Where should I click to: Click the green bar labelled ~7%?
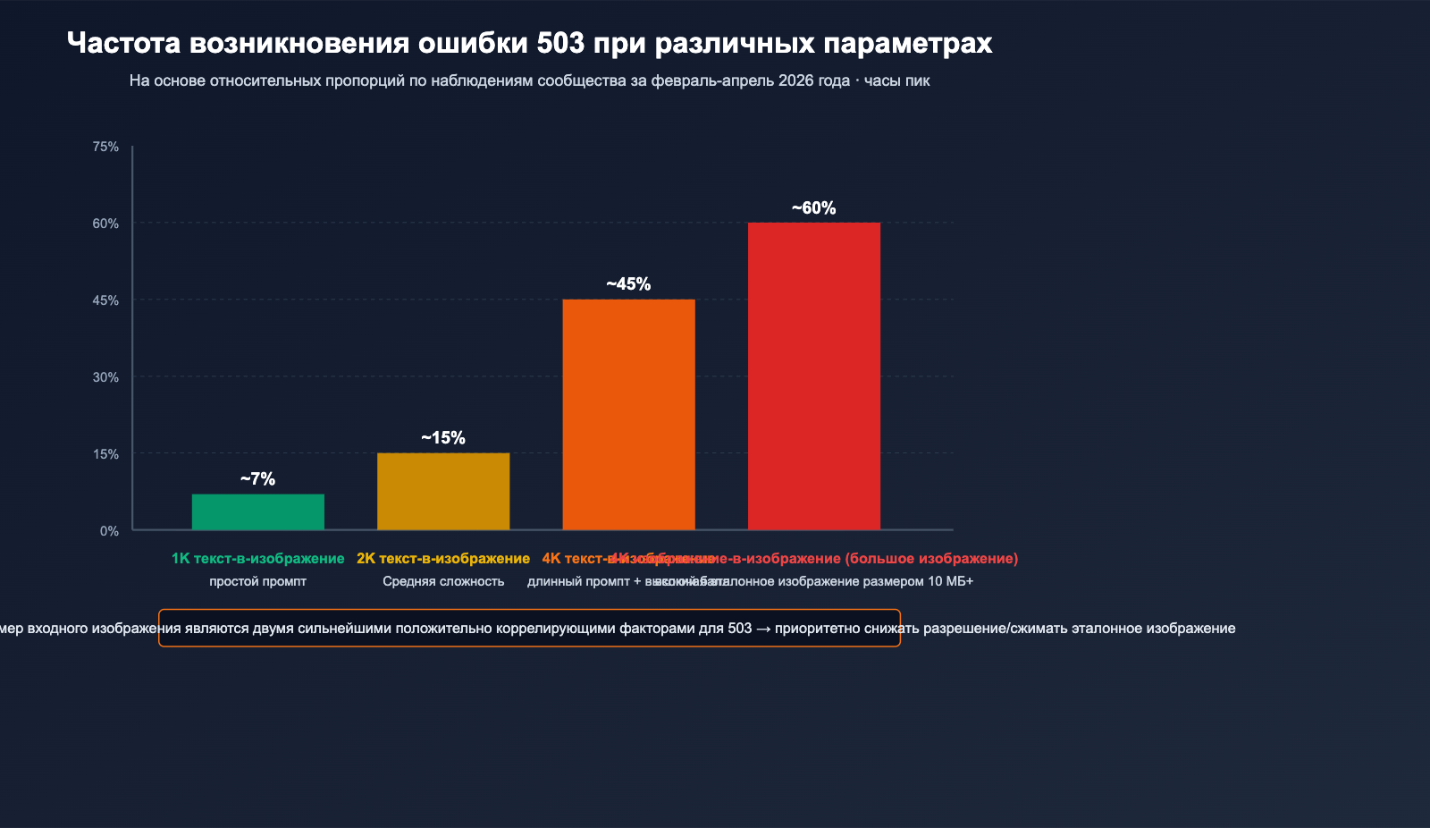coord(257,511)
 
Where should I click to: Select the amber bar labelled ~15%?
coord(443,491)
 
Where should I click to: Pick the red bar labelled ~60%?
coord(813,376)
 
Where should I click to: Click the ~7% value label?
coord(257,479)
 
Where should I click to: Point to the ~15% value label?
coord(443,438)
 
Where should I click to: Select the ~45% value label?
coord(628,284)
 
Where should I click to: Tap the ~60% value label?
coord(813,208)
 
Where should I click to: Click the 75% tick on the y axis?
coord(105,147)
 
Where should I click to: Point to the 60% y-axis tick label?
coord(105,224)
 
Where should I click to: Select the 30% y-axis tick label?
coord(105,377)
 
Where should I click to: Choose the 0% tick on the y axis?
coord(109,531)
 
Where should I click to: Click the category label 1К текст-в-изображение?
coord(257,559)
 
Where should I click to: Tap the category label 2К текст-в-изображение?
coord(443,559)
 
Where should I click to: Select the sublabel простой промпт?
coord(257,581)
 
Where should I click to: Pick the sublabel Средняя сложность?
coord(443,581)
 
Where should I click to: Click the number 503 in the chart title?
coord(560,43)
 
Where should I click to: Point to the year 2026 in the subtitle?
coord(795,80)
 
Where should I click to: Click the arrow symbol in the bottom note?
coord(763,629)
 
